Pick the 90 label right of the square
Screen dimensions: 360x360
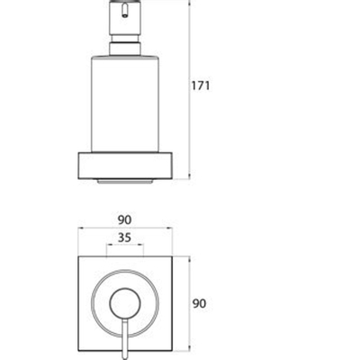point(200,303)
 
